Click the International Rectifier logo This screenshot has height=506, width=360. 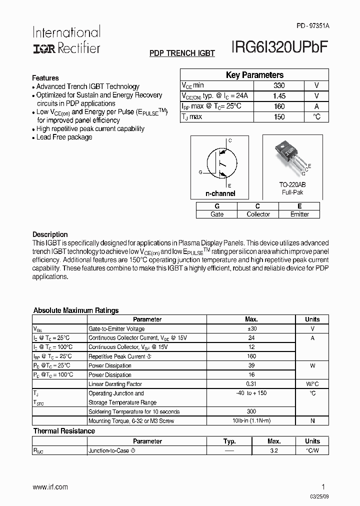[66, 39]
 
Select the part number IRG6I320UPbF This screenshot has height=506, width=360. [279, 47]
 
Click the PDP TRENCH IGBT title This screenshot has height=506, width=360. [182, 53]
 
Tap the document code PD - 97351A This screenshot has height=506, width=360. [313, 25]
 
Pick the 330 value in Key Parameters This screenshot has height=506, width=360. [279, 85]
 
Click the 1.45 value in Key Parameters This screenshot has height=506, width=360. [279, 96]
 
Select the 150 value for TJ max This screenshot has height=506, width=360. [279, 117]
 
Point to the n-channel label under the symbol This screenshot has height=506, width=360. [220, 193]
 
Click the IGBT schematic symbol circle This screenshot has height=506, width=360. [220, 162]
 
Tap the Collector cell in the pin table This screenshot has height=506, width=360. [258, 214]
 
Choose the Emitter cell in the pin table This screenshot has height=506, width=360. [299, 214]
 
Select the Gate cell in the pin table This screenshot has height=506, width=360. [217, 214]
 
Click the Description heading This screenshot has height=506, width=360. [50, 234]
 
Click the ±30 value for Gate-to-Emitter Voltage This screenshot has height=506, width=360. [251, 329]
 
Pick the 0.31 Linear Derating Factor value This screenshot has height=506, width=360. [251, 384]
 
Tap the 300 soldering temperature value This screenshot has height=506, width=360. [251, 411]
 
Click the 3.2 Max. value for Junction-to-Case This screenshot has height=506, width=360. [273, 450]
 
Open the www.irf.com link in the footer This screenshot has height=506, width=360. [50, 487]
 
